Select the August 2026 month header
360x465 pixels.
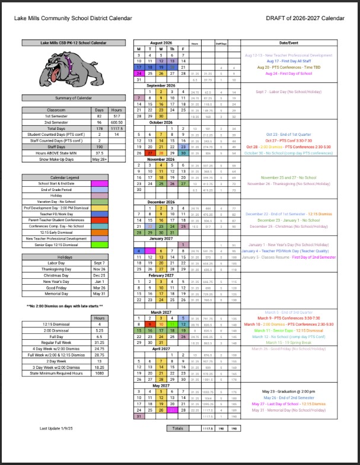coord(161,43)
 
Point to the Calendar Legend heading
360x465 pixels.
coord(64,177)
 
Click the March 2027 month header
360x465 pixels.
coord(161,311)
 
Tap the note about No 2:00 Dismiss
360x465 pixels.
coord(64,306)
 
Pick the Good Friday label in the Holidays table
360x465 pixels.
coord(56,287)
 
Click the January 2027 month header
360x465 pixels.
coord(161,238)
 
